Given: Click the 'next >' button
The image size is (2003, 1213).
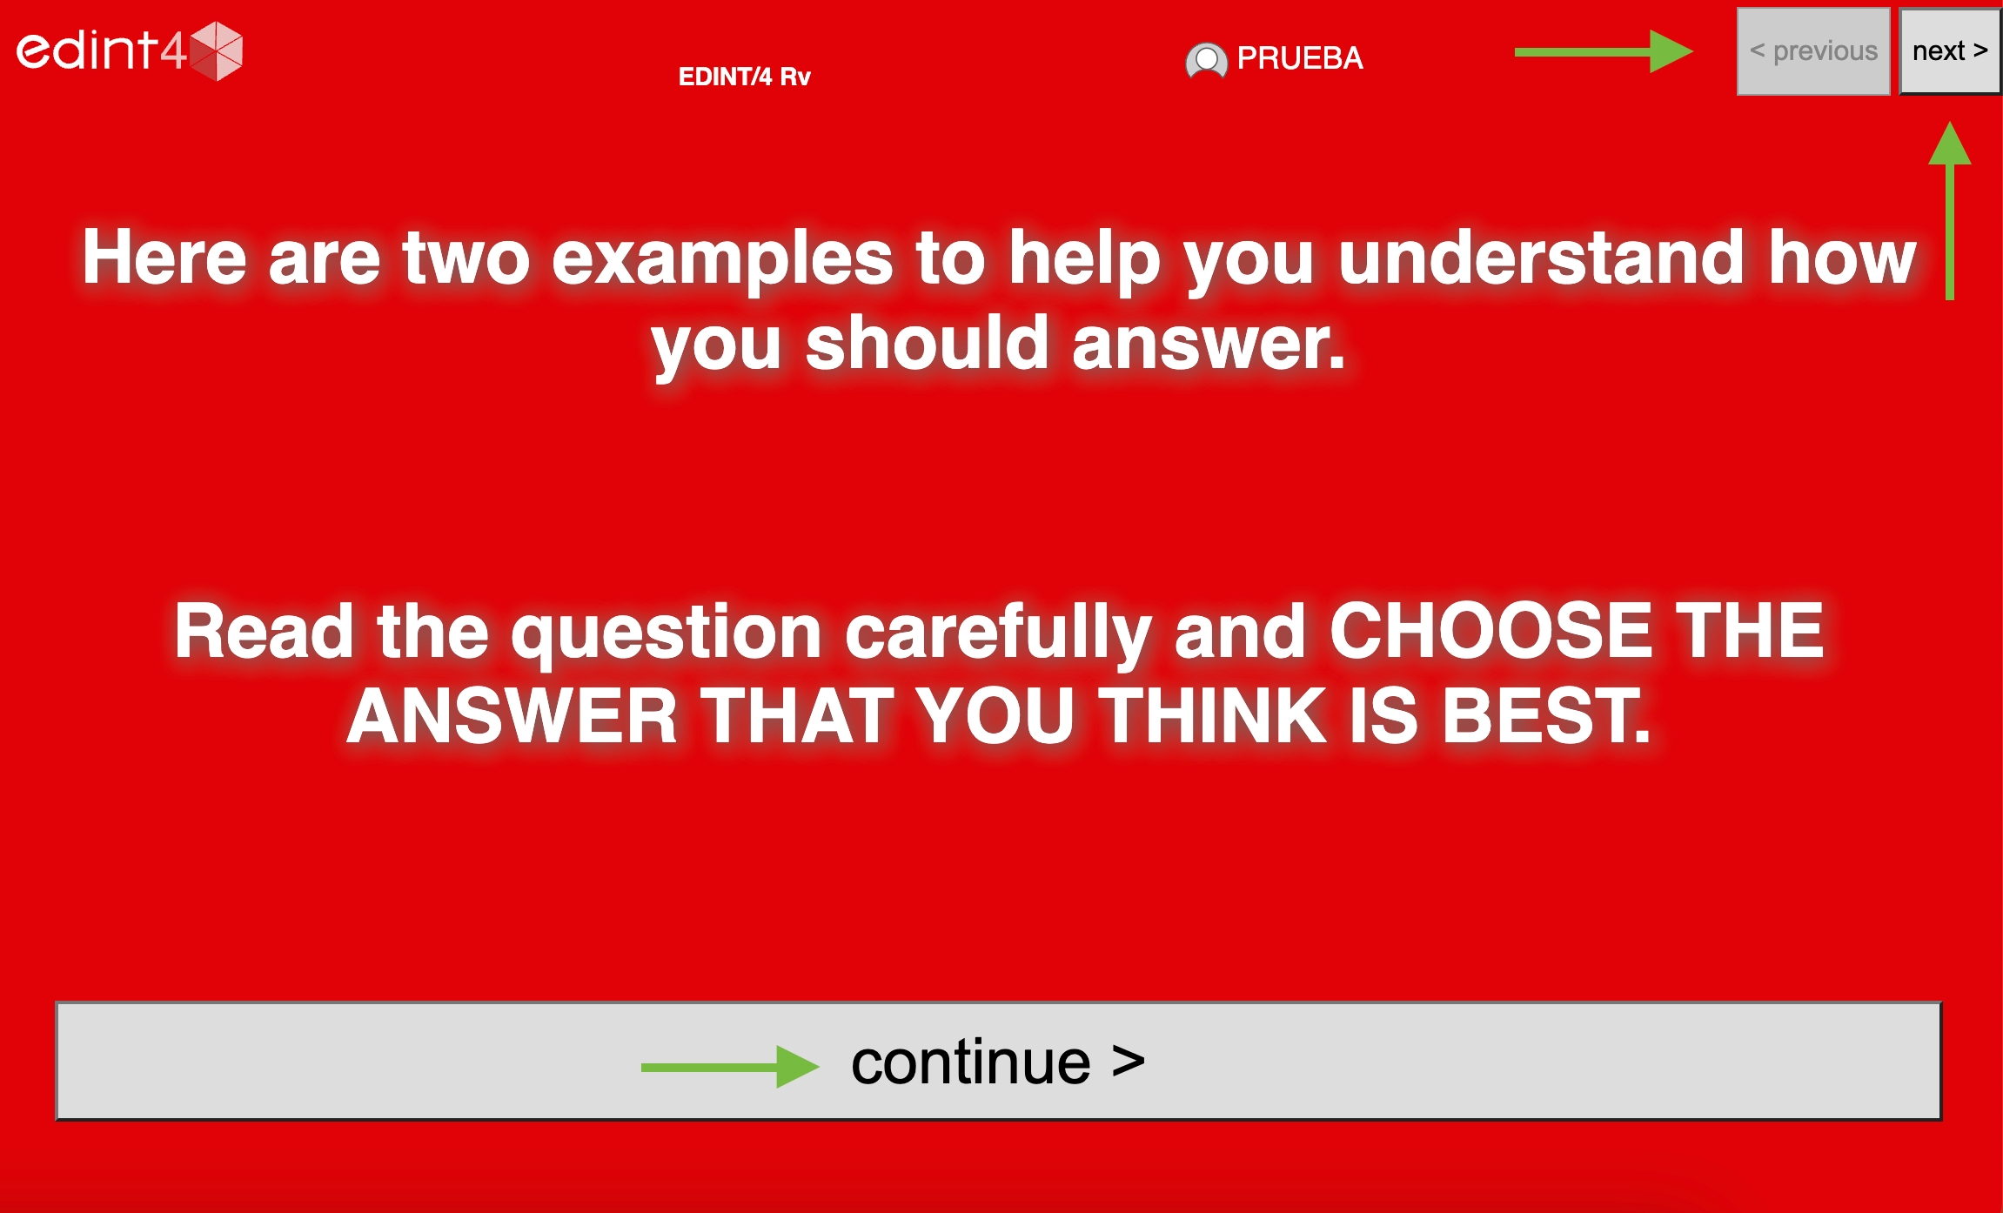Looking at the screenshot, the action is click(1950, 51).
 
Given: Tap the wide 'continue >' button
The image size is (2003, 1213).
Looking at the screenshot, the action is click(998, 1061).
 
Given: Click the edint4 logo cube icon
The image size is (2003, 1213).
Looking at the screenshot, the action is click(216, 50).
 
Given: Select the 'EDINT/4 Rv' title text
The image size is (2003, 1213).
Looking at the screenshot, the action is click(744, 77).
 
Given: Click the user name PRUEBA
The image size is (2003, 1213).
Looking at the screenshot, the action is click(1300, 58).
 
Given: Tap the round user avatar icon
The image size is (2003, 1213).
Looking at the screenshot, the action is click(1206, 60).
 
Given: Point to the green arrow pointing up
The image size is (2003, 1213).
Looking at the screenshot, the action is click(1950, 211).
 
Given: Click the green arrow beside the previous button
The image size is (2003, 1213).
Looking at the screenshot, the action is click(1604, 52).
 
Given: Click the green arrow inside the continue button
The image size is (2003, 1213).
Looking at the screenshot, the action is click(730, 1067).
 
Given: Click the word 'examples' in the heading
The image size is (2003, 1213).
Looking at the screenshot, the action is click(722, 258).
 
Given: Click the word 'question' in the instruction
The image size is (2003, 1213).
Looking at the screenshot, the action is click(666, 633).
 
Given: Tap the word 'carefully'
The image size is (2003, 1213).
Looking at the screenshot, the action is click(999, 633).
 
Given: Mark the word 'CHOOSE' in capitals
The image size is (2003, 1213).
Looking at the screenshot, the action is click(1491, 630).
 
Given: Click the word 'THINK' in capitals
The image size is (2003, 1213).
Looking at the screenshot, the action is click(1213, 716).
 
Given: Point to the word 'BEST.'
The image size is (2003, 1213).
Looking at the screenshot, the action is click(1546, 716).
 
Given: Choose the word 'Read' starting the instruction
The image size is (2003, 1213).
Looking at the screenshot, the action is click(264, 630).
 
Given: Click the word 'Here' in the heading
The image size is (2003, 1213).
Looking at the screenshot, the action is click(165, 257).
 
